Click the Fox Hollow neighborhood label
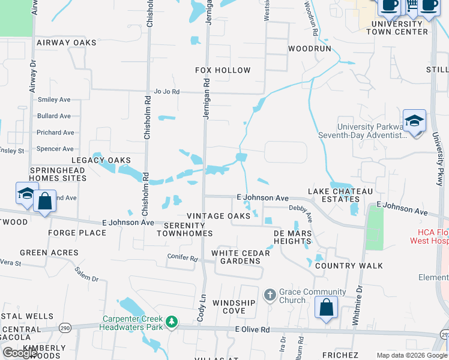pyautogui.click(x=223, y=70)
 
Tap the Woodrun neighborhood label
pyautogui.click(x=309, y=48)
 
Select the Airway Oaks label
pyautogui.click(x=66, y=43)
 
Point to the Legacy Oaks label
pyautogui.click(x=101, y=160)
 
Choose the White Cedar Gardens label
pyautogui.click(x=240, y=257)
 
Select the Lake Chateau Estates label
pyautogui.click(x=340, y=195)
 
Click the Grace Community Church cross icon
pyautogui.click(x=270, y=295)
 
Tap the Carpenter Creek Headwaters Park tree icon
pyautogui.click(x=172, y=322)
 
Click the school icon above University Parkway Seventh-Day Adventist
pyautogui.click(x=414, y=121)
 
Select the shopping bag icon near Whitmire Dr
pyautogui.click(x=326, y=307)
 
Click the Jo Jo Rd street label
pyautogui.click(x=167, y=92)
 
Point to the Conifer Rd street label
pyautogui.click(x=182, y=258)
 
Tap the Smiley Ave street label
pyautogui.click(x=54, y=100)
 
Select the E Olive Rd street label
pyautogui.click(x=253, y=329)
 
